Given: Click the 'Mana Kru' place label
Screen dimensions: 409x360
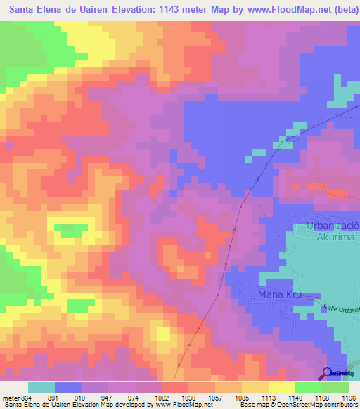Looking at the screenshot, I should pyautogui.click(x=279, y=294).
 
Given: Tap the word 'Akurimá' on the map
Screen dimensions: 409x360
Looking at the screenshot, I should pyautogui.click(x=333, y=238).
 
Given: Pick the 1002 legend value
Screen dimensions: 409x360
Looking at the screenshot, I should pyautogui.click(x=162, y=398).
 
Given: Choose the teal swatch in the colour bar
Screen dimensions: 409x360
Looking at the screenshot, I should pyautogui.click(x=41, y=387).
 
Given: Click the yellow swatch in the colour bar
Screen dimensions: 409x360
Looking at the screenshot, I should pyautogui.click(x=282, y=387).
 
